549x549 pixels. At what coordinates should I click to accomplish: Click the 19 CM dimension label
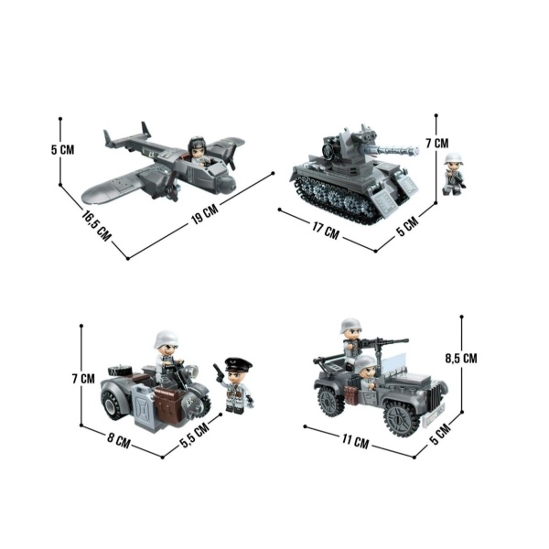205,213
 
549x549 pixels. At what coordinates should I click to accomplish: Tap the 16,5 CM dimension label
96,225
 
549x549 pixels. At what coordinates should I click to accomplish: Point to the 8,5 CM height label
461,358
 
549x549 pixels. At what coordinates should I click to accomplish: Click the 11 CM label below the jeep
355,441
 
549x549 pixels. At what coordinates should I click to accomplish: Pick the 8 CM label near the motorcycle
118,440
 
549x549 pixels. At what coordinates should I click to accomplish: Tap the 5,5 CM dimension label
195,433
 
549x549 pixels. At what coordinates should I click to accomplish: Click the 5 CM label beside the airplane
62,150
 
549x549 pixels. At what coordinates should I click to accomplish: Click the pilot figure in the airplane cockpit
197,150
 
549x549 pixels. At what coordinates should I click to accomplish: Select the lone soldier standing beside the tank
454,174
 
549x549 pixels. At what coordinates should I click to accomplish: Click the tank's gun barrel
394,151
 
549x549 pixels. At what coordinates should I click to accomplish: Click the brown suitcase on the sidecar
169,405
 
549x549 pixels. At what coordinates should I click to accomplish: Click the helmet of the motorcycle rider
166,339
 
